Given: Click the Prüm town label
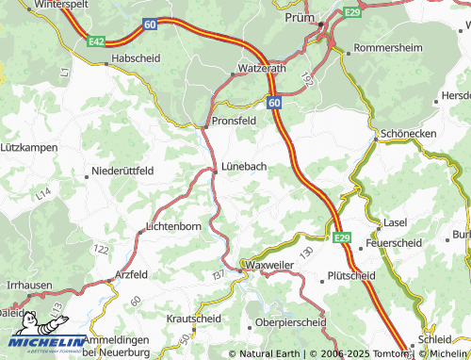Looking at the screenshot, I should click(300, 17).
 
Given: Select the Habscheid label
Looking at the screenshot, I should click(138, 57).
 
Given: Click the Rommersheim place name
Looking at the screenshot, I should click(385, 47).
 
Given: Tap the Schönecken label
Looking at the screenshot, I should click(410, 134).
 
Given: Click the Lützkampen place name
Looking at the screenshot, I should click(29, 148).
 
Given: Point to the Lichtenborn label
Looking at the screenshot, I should click(174, 227).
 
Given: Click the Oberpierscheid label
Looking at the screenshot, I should click(291, 321).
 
